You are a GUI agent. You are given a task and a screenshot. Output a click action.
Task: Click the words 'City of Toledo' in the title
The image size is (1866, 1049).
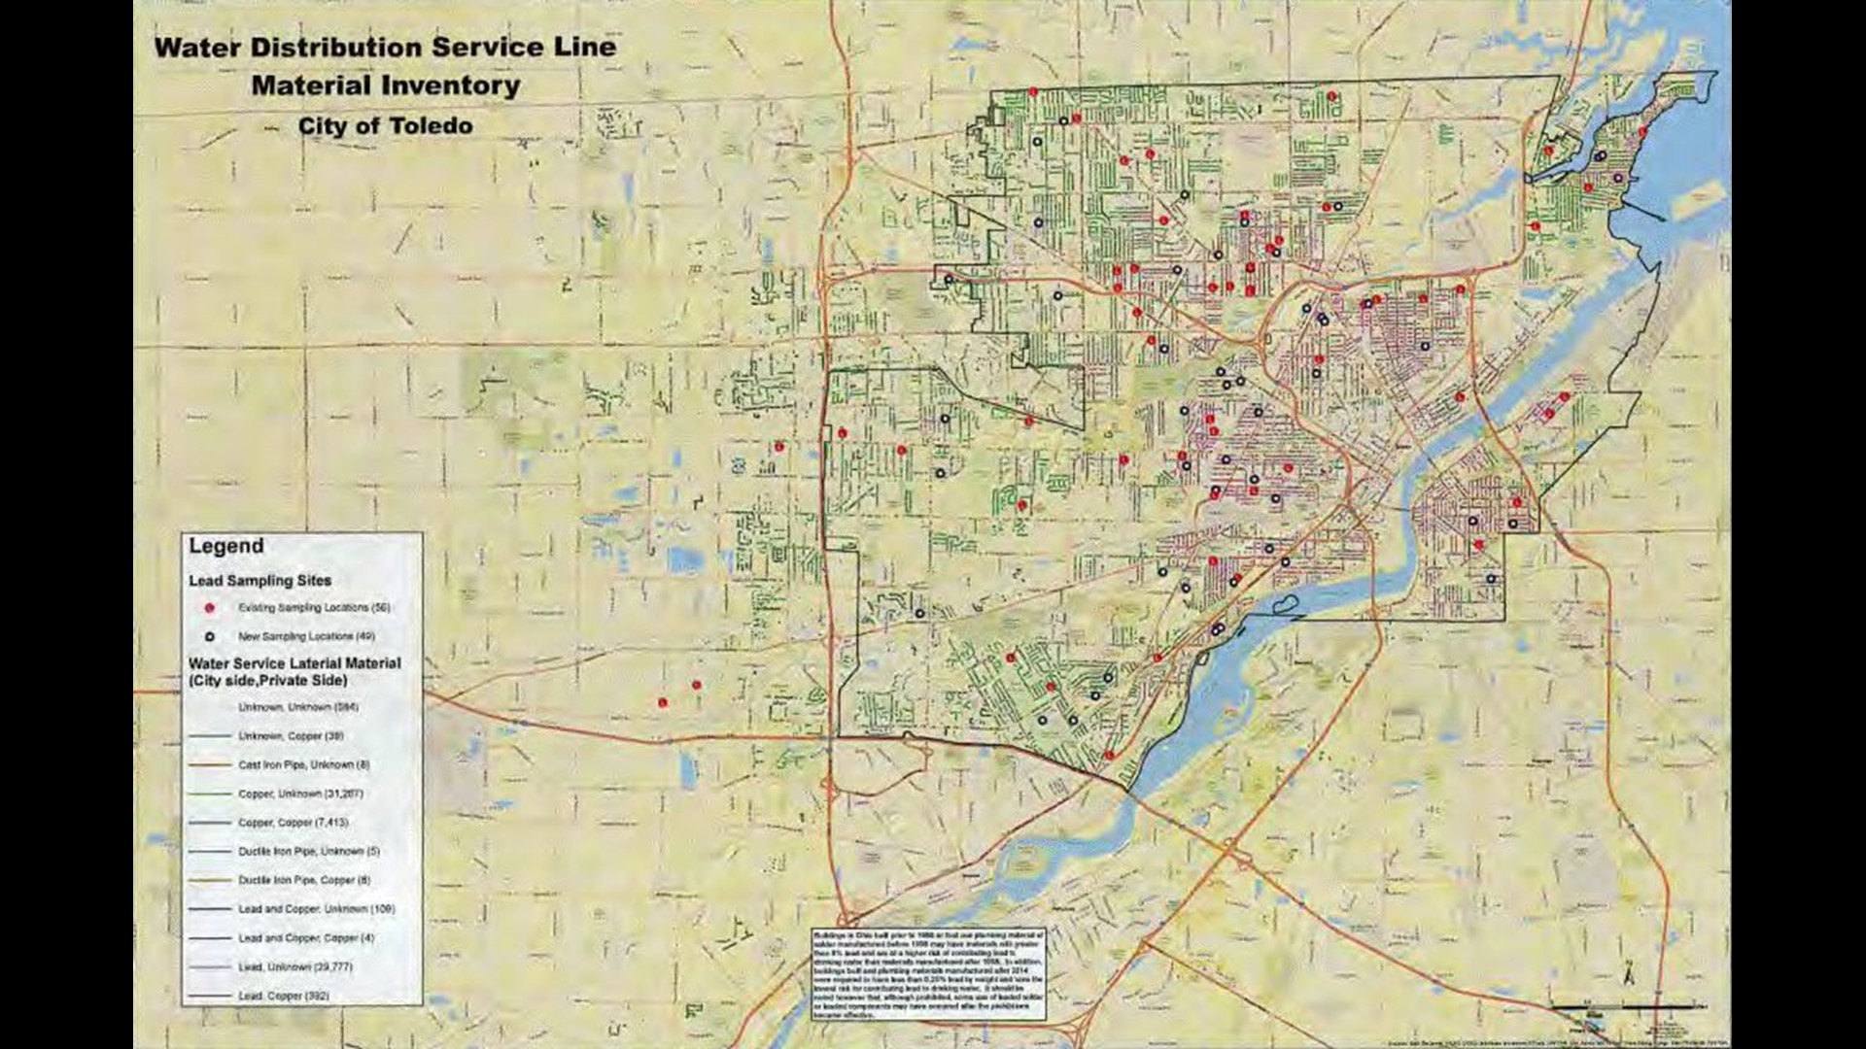pos(386,126)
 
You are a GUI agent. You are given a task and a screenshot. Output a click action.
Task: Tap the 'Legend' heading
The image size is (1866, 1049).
pos(225,546)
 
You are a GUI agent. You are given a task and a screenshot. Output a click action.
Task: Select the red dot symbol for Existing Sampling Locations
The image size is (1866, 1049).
pos(209,608)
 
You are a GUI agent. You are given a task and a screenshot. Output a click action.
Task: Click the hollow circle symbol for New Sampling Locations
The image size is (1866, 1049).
pos(209,637)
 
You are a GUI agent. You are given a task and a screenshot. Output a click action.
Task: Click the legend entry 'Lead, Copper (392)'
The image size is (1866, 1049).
pos(284,996)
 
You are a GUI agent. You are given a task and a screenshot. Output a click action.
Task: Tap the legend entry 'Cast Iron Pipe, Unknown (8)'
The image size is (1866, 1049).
pos(303,765)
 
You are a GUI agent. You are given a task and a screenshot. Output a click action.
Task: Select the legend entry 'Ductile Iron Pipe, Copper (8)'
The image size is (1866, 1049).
pos(304,880)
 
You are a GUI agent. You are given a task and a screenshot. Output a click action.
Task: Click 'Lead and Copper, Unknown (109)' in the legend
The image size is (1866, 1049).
pos(316,909)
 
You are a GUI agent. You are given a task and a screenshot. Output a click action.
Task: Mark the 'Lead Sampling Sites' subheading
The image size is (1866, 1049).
pos(259,581)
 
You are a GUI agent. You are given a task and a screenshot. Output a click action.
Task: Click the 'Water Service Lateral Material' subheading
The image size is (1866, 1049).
pos(294,663)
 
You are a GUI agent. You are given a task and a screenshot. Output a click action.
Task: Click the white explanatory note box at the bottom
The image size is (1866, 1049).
pos(928,974)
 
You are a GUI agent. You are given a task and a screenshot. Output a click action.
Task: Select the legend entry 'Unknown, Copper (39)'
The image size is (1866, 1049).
pos(291,736)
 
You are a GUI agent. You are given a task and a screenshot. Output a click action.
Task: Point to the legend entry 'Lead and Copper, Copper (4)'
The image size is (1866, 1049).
pos(305,938)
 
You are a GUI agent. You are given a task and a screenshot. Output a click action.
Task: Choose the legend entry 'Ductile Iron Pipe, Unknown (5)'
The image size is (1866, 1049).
pos(309,852)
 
